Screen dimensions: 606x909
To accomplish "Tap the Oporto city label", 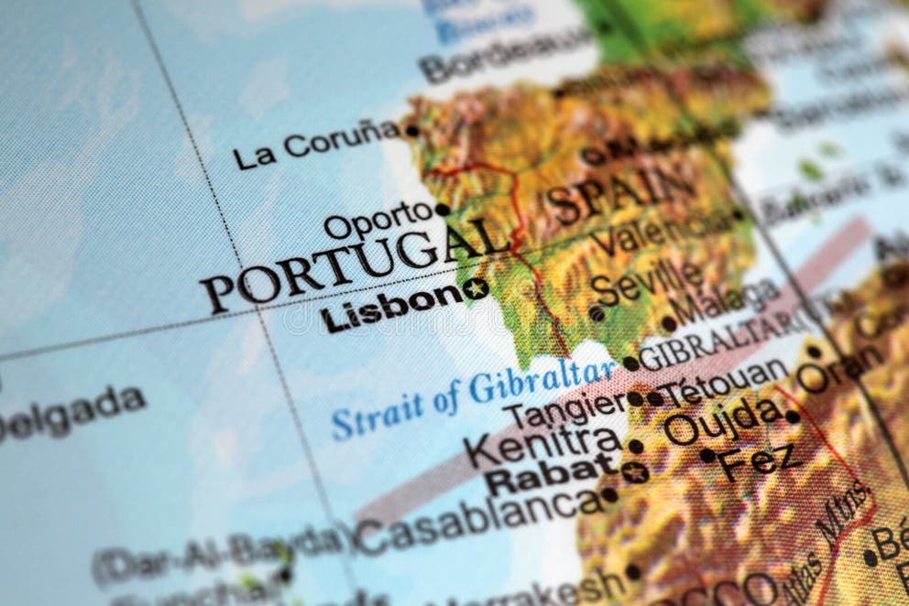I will (378, 221).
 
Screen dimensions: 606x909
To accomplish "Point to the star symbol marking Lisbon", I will (475, 288).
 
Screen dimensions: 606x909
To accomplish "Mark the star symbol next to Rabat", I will (633, 472).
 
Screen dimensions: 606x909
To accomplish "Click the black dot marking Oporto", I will (443, 210).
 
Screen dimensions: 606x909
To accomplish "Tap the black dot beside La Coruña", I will (412, 131).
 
